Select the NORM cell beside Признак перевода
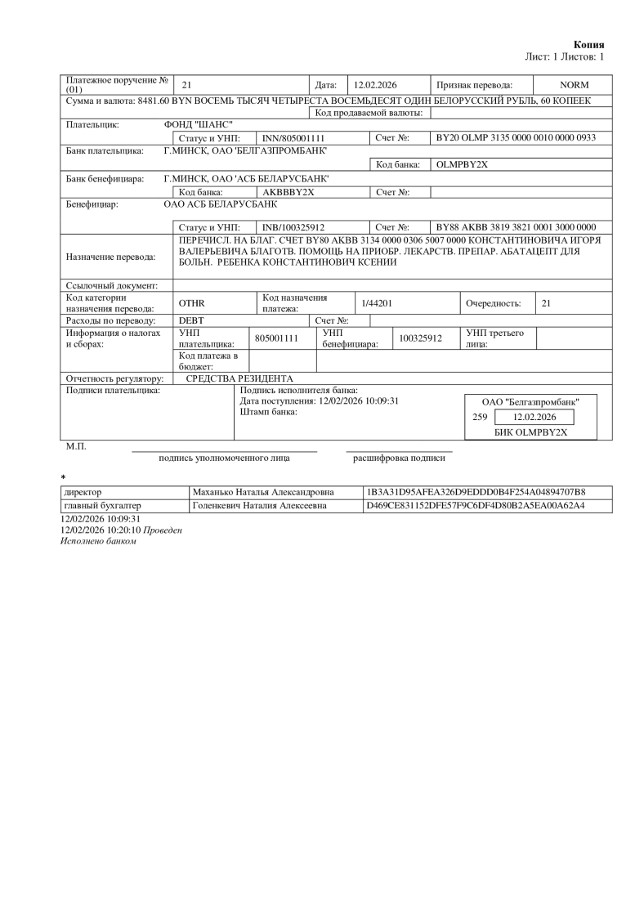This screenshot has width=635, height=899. [574, 85]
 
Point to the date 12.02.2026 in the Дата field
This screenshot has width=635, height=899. [375, 85]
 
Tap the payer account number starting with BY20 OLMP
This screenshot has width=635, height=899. [516, 138]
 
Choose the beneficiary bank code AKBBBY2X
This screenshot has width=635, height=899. [288, 191]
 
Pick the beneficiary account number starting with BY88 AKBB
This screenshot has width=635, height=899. [516, 226]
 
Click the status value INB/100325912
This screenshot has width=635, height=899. [293, 226]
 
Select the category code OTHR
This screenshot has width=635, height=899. [191, 303]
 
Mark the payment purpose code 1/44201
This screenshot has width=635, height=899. [378, 303]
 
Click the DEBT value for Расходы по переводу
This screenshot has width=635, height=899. [191, 320]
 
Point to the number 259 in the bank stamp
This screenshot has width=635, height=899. [480, 417]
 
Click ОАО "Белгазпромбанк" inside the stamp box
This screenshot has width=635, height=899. [531, 402]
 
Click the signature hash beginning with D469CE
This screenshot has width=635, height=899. [477, 506]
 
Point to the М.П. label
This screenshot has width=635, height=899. [75, 446]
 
